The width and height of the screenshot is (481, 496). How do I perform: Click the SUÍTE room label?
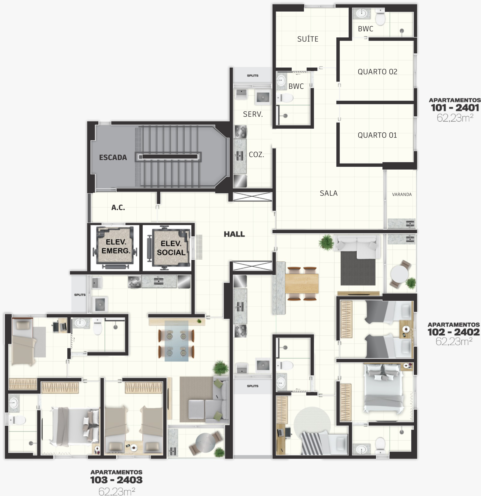point(308,39)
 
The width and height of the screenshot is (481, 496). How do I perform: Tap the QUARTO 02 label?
point(377,72)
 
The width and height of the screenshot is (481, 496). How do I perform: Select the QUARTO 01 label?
point(377,135)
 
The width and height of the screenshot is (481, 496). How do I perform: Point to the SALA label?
point(328,193)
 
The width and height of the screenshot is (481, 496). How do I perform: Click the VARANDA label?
point(402,194)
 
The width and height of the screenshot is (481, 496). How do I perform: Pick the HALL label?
point(234,234)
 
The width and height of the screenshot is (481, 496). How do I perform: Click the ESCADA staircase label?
point(113,157)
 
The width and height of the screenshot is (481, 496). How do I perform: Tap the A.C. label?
point(118,208)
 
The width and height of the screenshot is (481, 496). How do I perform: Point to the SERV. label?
point(253,114)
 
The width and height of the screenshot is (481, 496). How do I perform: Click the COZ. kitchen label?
point(257,155)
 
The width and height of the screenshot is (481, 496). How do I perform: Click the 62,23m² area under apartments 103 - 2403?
point(117,491)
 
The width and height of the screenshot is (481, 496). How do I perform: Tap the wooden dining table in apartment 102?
point(302,283)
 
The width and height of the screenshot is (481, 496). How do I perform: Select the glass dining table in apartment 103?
point(177,341)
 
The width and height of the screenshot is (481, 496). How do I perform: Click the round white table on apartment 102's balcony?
point(399,274)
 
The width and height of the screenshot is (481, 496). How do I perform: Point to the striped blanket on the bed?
point(312,444)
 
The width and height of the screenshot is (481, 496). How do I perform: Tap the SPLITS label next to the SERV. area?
point(253,75)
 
